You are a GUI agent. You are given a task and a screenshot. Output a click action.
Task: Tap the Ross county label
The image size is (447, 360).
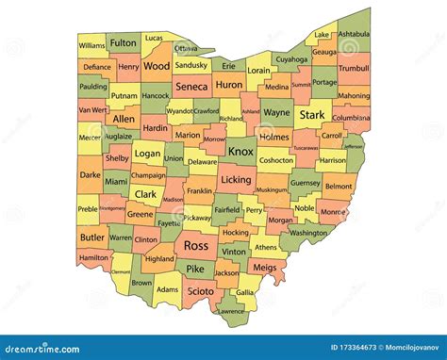[196, 245]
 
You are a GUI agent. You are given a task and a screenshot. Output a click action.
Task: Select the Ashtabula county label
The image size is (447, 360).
[355, 35]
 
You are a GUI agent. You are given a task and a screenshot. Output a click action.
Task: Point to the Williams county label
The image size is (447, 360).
[92, 45]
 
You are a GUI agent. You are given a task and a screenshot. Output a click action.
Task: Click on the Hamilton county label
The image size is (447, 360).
[94, 256]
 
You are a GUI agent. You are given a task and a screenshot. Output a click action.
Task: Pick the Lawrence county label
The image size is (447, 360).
[230, 310]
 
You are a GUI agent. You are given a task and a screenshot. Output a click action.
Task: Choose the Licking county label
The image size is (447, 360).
[236, 179]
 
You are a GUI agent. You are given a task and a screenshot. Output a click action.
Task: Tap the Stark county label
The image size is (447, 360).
[312, 114]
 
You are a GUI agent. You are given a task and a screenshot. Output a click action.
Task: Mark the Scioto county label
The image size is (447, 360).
[199, 291]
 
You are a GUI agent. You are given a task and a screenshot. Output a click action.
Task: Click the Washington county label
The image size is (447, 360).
[308, 232]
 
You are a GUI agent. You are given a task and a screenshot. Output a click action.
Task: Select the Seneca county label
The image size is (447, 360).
[191, 86]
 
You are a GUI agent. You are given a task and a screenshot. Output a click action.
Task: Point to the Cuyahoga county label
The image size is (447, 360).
[290, 59]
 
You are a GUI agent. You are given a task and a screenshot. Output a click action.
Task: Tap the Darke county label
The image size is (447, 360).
[90, 174]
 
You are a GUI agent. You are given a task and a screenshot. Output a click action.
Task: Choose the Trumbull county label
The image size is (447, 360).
[353, 69]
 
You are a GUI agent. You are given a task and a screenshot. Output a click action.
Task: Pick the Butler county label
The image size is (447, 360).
[92, 237]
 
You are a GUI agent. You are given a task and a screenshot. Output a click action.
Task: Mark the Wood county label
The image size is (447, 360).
[157, 66]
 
